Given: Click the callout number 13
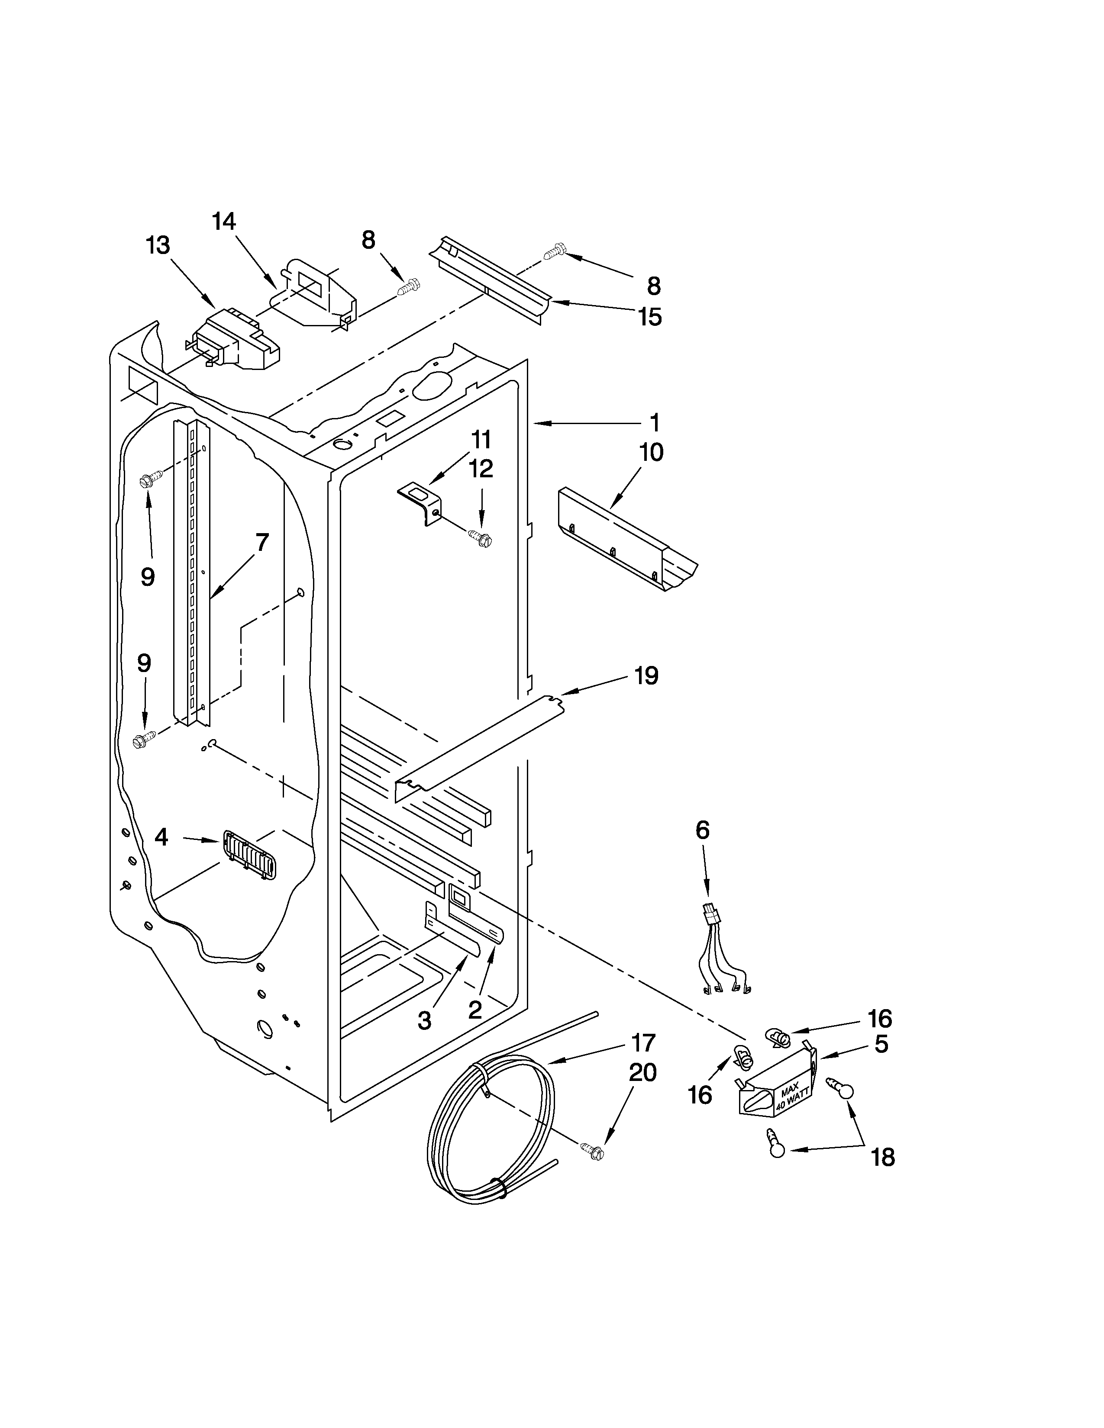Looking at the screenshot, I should click(158, 245).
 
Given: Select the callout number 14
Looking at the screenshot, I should click(224, 221).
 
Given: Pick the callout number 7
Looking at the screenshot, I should click(261, 542).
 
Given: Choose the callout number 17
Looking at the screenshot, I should click(643, 1042).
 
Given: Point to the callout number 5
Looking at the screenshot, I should click(881, 1045).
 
